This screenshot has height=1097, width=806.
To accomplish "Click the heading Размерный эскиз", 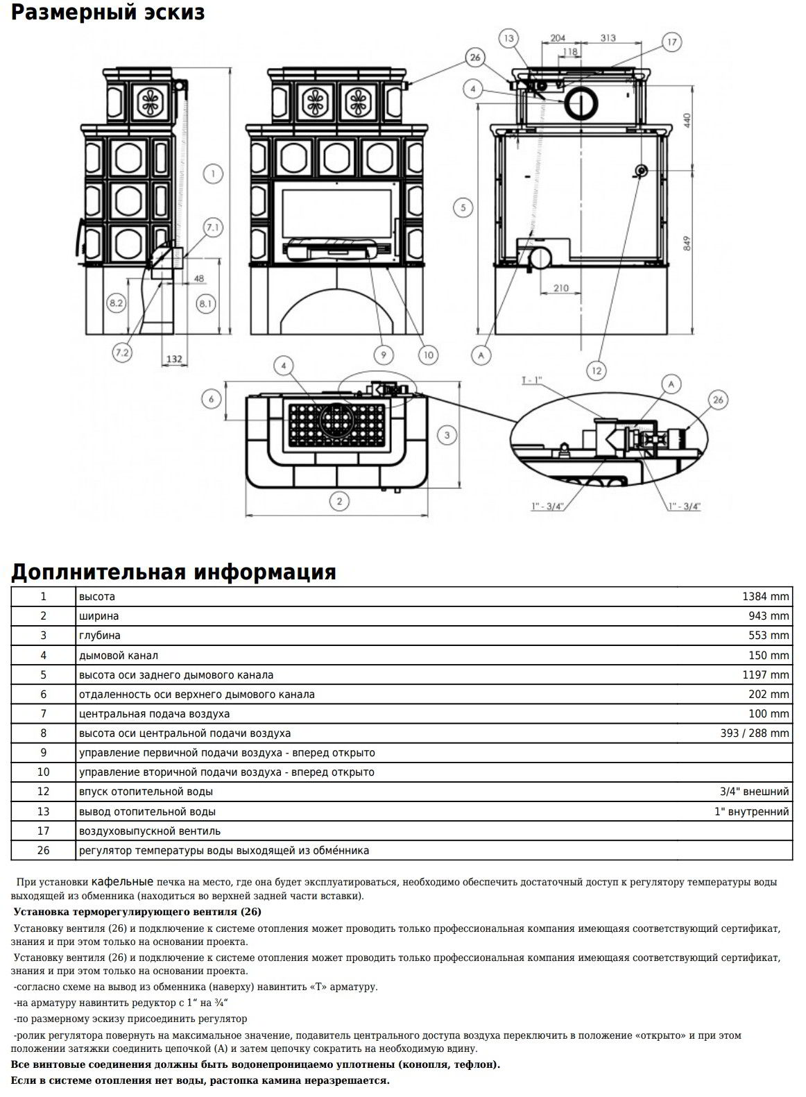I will tap(108, 12).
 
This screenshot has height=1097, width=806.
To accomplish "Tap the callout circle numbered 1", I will tap(214, 173).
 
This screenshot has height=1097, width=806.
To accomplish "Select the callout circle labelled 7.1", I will tap(212, 227).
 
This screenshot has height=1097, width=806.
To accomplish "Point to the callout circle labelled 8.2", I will tap(116, 303).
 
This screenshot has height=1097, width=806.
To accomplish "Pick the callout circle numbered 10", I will tap(428, 355).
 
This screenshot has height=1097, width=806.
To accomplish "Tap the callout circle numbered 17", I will tap(671, 42).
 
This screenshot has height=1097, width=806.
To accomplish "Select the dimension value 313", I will tap(608, 38).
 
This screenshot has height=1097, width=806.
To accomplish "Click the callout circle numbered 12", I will tap(596, 371).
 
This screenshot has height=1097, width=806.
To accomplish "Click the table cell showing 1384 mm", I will tap(765, 597).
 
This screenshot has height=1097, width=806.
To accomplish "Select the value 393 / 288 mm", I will tap(755, 733).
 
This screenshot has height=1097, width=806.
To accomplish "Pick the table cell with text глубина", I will tap(100, 636).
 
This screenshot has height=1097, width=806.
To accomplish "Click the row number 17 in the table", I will tap(43, 831).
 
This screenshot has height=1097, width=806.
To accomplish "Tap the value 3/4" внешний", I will tap(754, 792).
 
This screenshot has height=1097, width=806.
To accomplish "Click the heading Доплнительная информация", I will tap(173, 572).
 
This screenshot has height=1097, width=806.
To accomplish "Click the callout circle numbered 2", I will tap(338, 501).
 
